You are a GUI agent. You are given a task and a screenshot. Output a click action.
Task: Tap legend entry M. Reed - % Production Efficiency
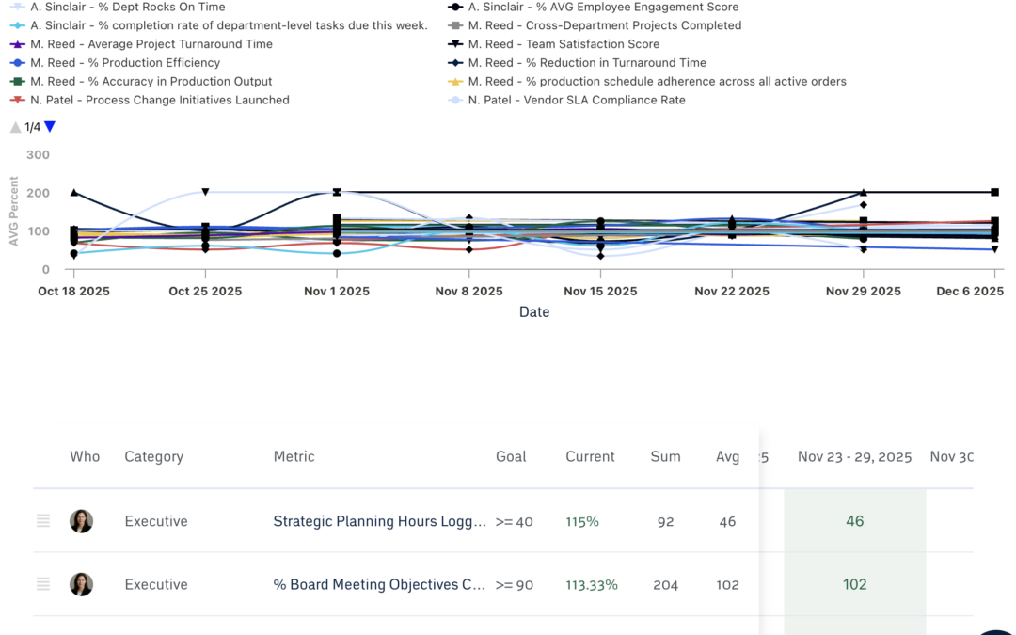click(x=125, y=63)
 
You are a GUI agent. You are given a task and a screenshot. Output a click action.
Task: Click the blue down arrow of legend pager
click(x=50, y=127)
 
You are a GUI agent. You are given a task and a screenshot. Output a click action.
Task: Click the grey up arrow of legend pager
click(x=15, y=127)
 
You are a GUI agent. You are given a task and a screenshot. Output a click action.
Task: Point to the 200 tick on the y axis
click(x=39, y=193)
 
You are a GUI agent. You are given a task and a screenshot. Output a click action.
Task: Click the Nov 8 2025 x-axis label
click(x=468, y=292)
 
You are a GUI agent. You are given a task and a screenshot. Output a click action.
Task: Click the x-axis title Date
click(x=533, y=312)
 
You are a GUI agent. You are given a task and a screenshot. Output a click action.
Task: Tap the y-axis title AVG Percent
click(x=14, y=211)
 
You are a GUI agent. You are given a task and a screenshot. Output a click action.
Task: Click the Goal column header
click(x=511, y=456)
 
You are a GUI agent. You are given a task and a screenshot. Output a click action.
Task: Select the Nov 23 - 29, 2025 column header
click(x=854, y=456)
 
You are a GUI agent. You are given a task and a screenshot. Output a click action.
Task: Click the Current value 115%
click(x=581, y=521)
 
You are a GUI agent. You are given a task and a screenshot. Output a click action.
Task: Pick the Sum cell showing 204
click(x=665, y=584)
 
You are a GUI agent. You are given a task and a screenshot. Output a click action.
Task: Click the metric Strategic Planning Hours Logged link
click(x=379, y=521)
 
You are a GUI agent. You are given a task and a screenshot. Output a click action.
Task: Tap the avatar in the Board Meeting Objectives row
click(x=82, y=584)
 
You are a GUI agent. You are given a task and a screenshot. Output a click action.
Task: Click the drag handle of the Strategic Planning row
click(x=43, y=521)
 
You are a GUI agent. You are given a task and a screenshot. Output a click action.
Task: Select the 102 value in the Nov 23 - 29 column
click(x=854, y=584)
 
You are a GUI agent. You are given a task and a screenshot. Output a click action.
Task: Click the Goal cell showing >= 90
click(x=514, y=584)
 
